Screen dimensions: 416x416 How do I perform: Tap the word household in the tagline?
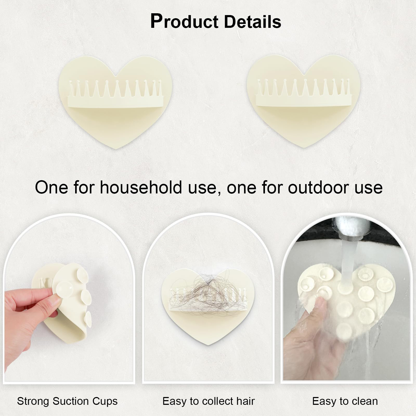(x=141, y=187)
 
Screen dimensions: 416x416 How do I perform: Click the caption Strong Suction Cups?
(x=67, y=401)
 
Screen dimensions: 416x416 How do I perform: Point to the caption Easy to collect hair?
(x=209, y=401)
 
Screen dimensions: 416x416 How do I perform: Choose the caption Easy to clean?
(x=345, y=401)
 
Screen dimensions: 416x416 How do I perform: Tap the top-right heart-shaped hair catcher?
(x=303, y=101)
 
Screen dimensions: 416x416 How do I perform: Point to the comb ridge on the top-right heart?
(x=304, y=93)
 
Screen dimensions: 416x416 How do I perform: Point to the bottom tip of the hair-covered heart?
(x=208, y=344)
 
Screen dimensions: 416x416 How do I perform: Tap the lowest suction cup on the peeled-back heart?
(x=88, y=319)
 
